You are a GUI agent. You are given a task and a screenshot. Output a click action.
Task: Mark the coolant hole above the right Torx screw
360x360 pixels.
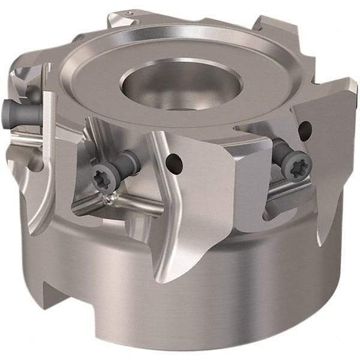coord(304,127)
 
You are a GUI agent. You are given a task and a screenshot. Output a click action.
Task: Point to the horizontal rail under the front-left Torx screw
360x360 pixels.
coord(120,210)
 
